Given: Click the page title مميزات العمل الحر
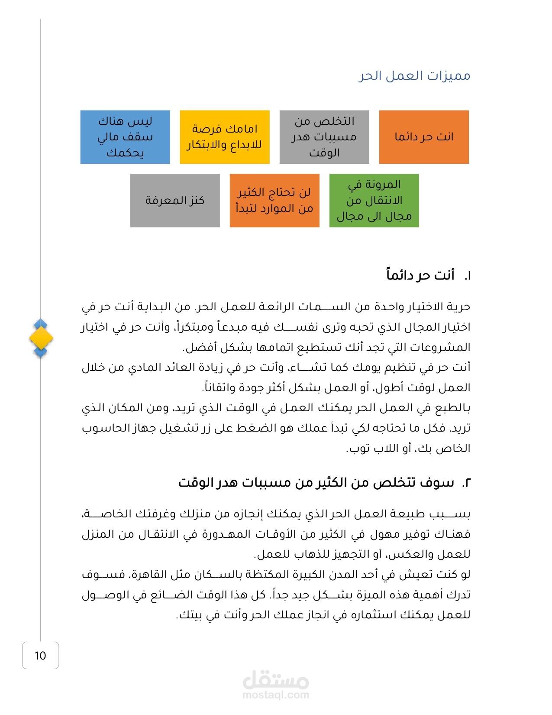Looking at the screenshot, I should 414,76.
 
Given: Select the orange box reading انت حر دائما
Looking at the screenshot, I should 424,137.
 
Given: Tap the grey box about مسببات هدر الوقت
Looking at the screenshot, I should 324,137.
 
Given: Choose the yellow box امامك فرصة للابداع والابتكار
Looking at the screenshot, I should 225,137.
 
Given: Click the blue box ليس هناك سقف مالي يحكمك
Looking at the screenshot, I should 125,137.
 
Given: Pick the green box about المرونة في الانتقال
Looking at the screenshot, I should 374,201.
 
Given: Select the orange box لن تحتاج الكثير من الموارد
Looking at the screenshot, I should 274,201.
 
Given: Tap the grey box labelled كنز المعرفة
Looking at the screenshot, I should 175,201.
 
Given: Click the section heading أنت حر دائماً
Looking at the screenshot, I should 420,275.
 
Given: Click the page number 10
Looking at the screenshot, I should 40,656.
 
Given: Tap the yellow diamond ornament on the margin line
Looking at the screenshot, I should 41,338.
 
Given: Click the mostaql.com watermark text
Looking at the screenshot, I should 276,695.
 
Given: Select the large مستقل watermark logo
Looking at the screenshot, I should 276,680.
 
